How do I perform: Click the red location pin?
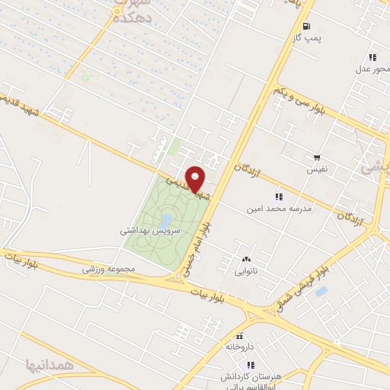click(196, 178)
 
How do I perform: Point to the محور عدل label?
click(372, 69)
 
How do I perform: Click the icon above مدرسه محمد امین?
click(278, 195)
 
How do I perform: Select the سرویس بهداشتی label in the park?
click(150, 228)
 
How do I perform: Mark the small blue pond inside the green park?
click(166, 222)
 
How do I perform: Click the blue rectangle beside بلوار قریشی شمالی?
click(321, 291)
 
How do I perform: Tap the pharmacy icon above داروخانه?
click(239, 335)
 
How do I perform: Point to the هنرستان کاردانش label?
click(251, 378)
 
